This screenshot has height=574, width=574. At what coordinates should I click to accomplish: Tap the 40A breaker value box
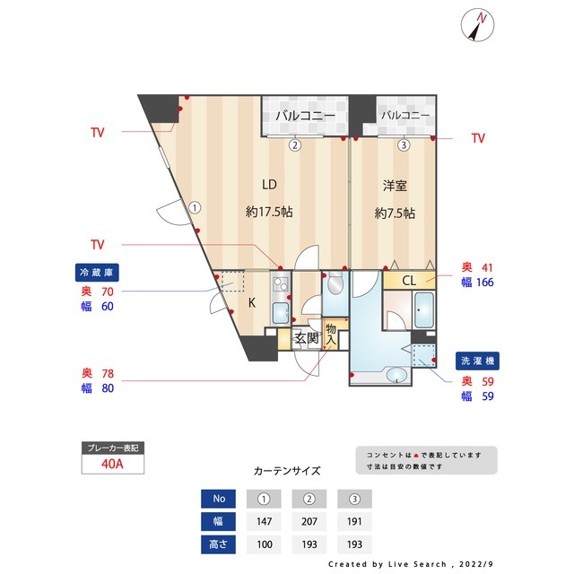(112, 465)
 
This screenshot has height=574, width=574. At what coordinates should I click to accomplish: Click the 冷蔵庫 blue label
(96, 272)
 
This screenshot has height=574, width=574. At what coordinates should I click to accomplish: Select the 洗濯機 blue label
(476, 359)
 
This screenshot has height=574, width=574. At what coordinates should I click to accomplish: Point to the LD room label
(269, 185)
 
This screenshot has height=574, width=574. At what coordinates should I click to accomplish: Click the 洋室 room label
(395, 186)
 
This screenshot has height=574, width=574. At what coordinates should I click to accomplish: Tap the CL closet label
(409, 281)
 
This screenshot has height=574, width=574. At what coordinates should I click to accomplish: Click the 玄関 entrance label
(307, 339)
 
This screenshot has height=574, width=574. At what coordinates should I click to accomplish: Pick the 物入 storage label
(331, 335)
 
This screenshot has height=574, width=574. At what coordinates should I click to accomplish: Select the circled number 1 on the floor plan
(195, 206)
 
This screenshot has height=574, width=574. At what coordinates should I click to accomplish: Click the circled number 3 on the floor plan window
(404, 144)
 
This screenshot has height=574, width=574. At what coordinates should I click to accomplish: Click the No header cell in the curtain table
(219, 498)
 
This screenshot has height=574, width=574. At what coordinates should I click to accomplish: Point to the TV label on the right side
(478, 138)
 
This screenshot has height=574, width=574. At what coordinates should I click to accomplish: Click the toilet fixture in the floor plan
(334, 285)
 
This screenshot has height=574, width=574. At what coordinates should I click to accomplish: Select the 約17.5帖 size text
(269, 213)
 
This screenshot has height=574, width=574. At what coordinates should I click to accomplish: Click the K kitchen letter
(252, 302)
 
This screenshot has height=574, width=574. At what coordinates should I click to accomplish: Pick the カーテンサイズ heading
(287, 470)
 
